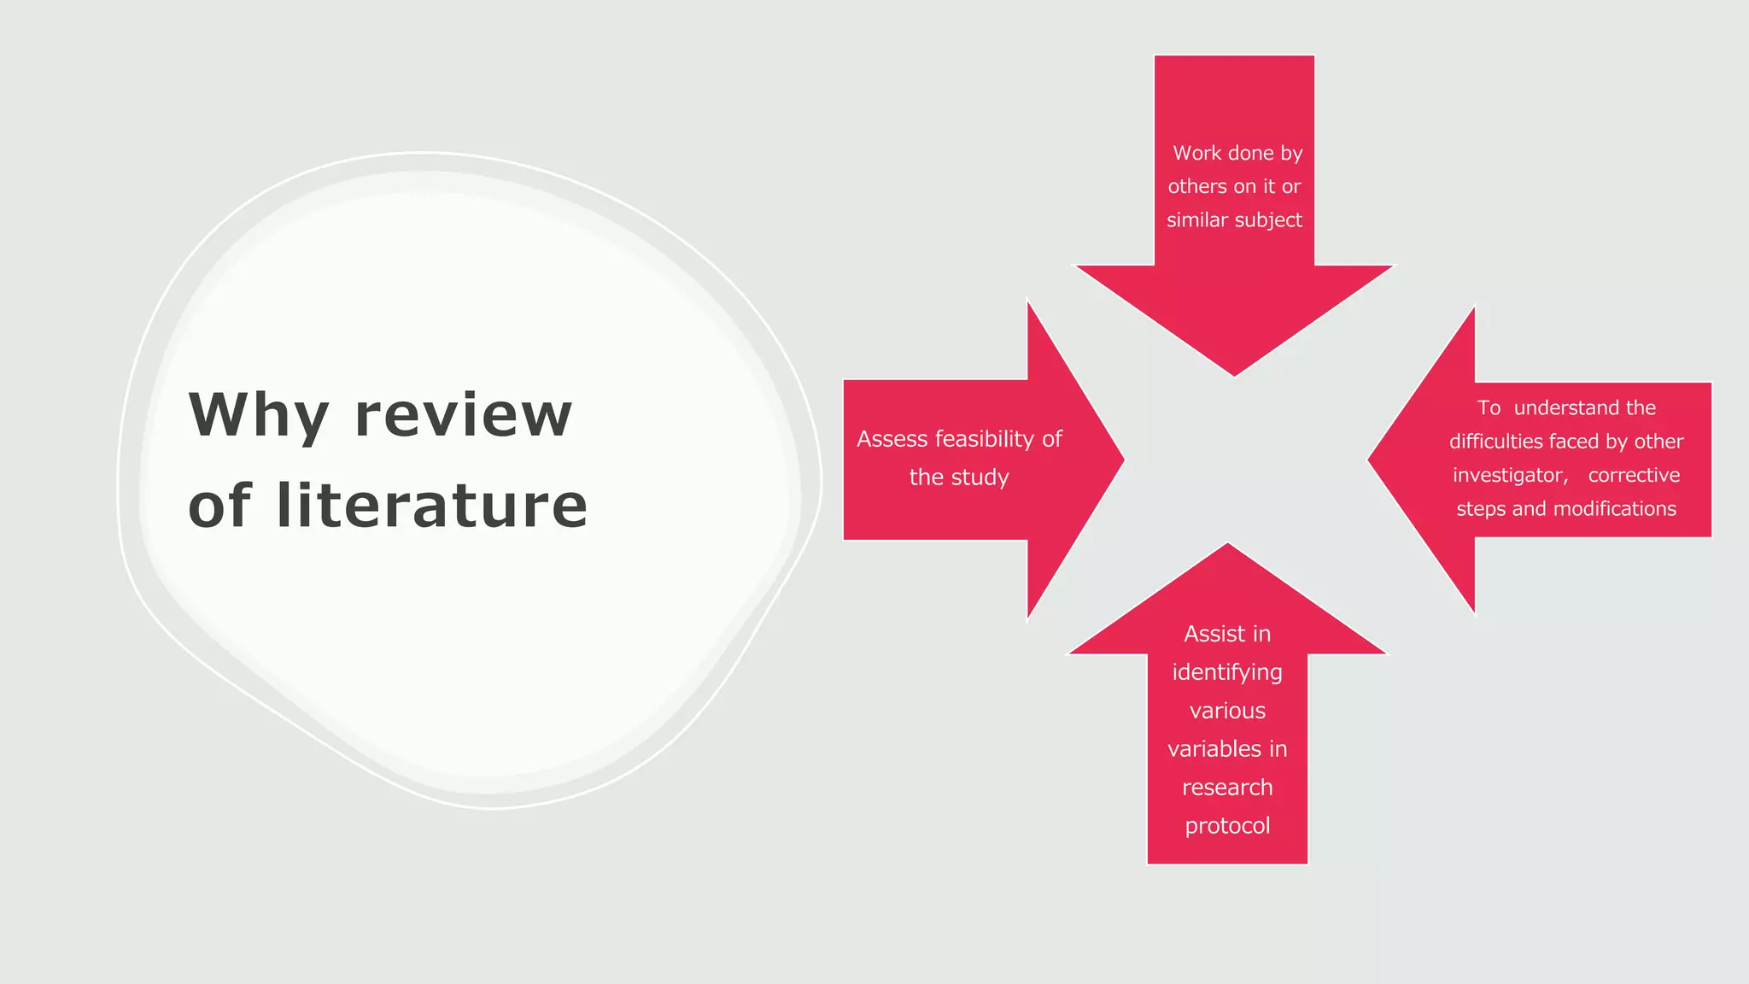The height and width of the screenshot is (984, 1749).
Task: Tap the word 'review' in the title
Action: click(x=463, y=415)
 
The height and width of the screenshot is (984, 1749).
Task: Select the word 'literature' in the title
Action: click(x=431, y=505)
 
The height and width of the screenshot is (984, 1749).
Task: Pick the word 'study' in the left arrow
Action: click(x=982, y=477)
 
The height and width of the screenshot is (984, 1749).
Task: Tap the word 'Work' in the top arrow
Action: click(x=1197, y=153)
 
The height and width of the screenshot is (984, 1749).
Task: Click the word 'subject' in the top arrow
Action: click(x=1268, y=220)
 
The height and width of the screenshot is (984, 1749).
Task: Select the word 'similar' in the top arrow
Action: click(x=1196, y=220)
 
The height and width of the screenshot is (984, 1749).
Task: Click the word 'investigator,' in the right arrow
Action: click(x=1511, y=476)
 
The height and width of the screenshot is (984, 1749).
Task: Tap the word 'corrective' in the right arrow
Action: click(x=1634, y=476)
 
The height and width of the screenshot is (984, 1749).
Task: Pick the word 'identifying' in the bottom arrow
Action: click(x=1227, y=673)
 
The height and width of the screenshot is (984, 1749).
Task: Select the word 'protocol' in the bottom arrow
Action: click(x=1227, y=826)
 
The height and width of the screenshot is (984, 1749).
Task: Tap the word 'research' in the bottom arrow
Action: click(x=1227, y=788)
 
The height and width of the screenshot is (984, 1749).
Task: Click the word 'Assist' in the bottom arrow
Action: click(x=1208, y=634)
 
